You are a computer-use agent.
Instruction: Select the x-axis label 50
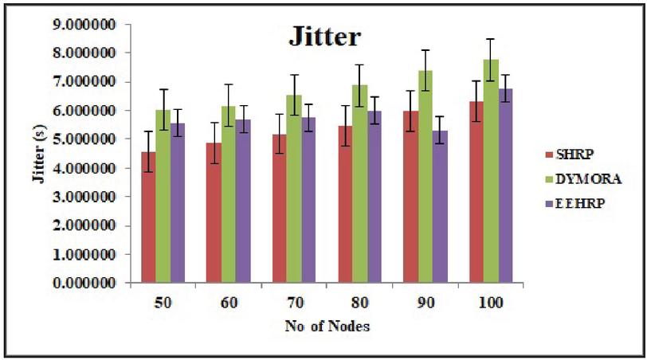pos(163,306)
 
